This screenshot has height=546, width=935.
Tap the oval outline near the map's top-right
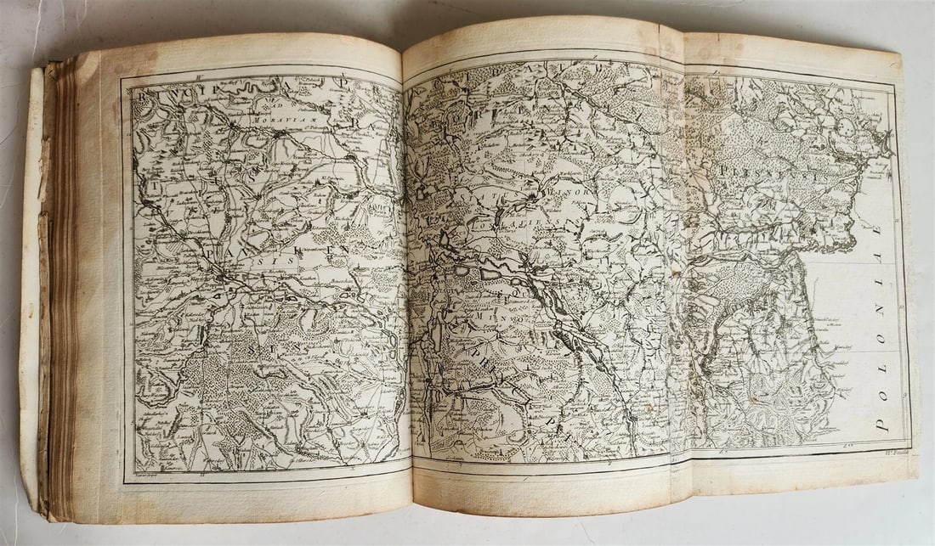coord(846,127)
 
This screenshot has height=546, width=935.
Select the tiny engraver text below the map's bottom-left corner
coord(144,476)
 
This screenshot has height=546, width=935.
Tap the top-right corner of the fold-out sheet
coord(899,56)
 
